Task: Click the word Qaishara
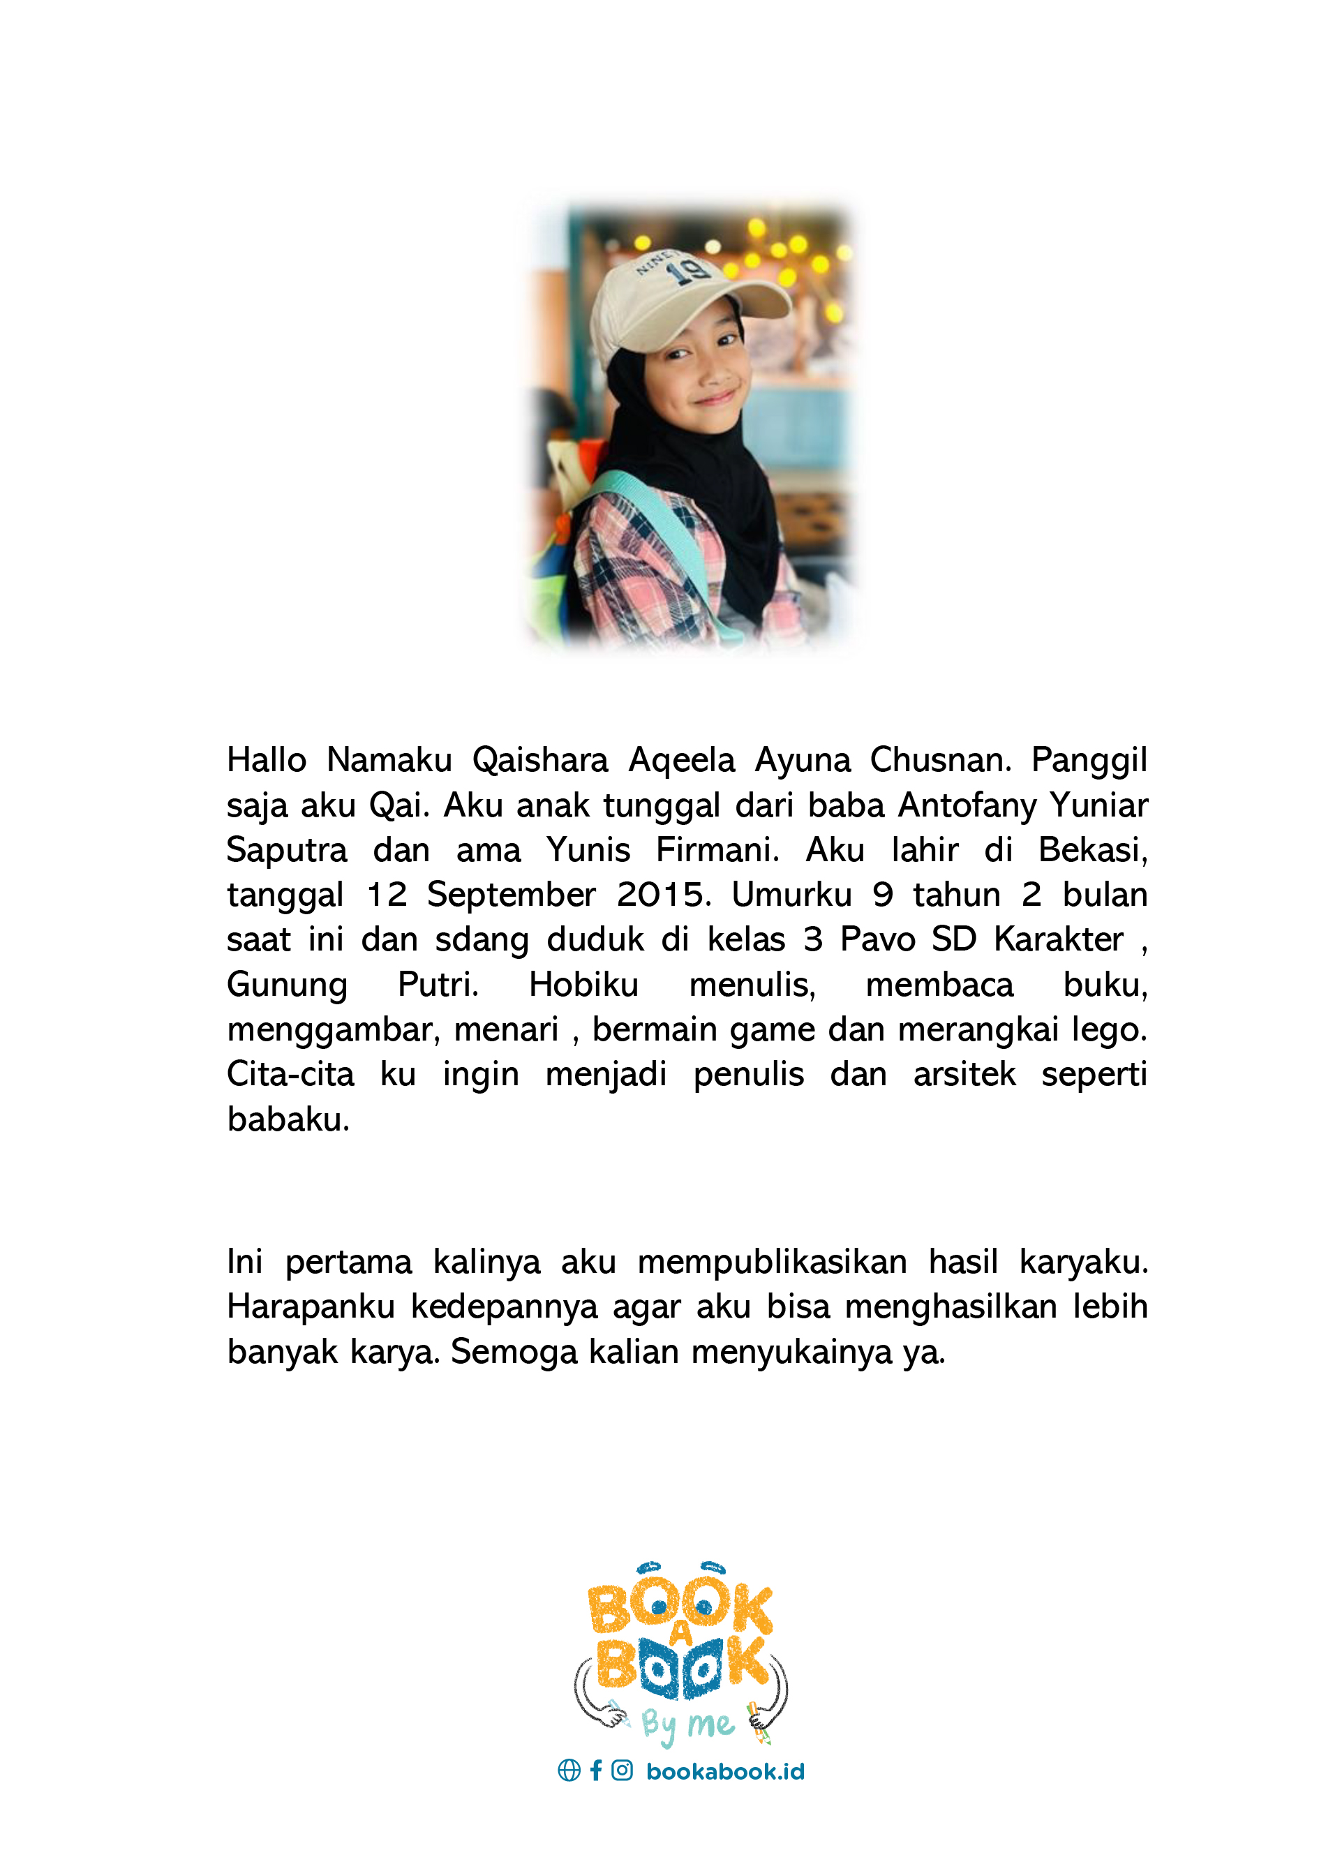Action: (540, 760)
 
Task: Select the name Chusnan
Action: (941, 760)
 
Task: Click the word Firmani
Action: (717, 850)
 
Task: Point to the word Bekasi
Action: (1092, 850)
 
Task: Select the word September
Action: (512, 895)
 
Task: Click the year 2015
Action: (664, 895)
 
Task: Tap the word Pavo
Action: (877, 939)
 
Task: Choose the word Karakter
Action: (1058, 939)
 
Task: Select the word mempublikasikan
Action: (772, 1262)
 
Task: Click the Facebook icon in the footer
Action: (596, 1771)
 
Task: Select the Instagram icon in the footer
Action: (622, 1771)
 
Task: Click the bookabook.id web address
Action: (724, 1771)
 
